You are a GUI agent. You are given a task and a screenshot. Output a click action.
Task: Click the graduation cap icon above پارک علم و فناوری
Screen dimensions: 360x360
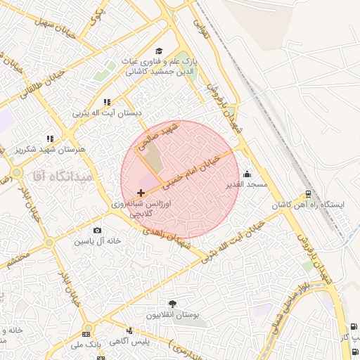[x=159, y=51]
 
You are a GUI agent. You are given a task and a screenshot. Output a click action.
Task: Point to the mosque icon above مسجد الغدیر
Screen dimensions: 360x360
[x=247, y=174]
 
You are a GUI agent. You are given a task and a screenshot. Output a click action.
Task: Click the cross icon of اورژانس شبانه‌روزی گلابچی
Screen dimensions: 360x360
[x=141, y=192]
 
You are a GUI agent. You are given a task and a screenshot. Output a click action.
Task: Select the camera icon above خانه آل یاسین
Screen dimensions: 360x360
[x=97, y=230]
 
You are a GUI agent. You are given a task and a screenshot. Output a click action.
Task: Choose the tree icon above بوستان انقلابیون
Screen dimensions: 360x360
[x=173, y=304]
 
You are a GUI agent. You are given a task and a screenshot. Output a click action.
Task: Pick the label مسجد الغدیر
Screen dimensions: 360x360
[x=251, y=184]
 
